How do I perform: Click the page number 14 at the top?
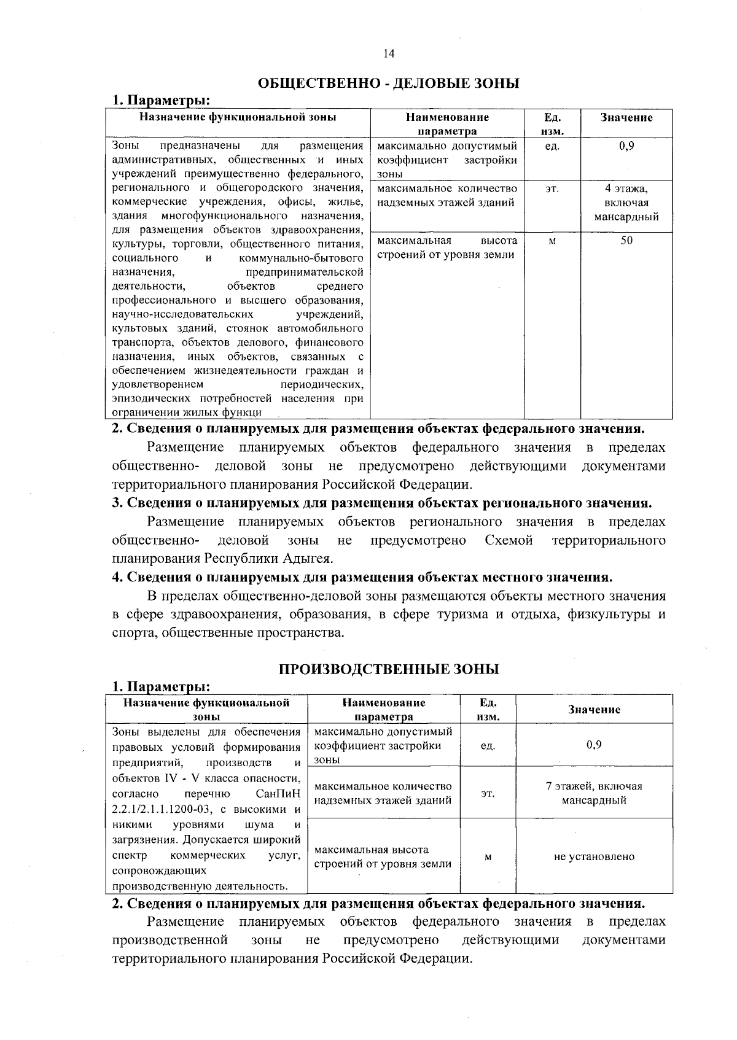click(388, 53)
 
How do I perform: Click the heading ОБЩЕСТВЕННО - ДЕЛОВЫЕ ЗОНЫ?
click(388, 83)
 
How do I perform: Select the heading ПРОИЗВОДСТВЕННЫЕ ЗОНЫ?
click(389, 669)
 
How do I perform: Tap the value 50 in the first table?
click(626, 240)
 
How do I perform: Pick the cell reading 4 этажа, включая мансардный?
click(626, 203)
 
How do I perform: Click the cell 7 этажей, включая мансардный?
click(594, 793)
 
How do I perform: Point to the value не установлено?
click(594, 856)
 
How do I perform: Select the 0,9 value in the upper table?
click(626, 146)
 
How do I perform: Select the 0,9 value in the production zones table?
click(594, 745)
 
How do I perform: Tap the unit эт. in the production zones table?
click(488, 794)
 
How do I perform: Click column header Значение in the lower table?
click(594, 710)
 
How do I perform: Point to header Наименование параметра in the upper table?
click(446, 124)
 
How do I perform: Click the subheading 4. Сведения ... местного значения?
click(362, 578)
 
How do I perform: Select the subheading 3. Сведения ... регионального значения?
click(381, 503)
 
